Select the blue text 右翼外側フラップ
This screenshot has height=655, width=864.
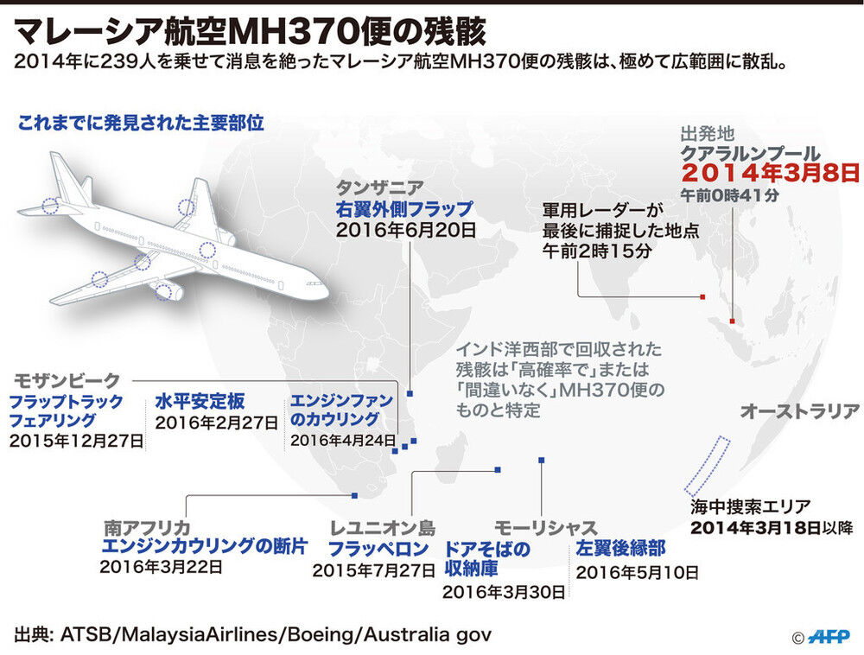pos(404,209)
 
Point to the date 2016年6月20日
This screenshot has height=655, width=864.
pos(405,231)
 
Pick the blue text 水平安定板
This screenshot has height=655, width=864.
pos(200,401)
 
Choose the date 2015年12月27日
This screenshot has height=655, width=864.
pos(75,440)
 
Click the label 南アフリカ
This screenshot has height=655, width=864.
pos(147,526)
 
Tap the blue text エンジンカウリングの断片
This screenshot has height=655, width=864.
pos(203,546)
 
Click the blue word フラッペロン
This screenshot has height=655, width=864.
pos(378,549)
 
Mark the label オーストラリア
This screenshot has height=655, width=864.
pos(799,412)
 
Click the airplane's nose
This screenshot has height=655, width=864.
pos(323,289)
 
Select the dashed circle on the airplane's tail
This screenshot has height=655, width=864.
pos(50,206)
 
